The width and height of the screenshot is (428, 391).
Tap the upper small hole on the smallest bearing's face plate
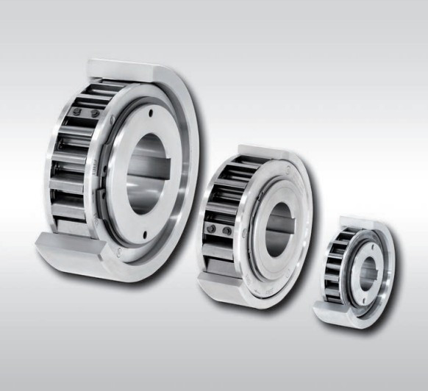(370, 239)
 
